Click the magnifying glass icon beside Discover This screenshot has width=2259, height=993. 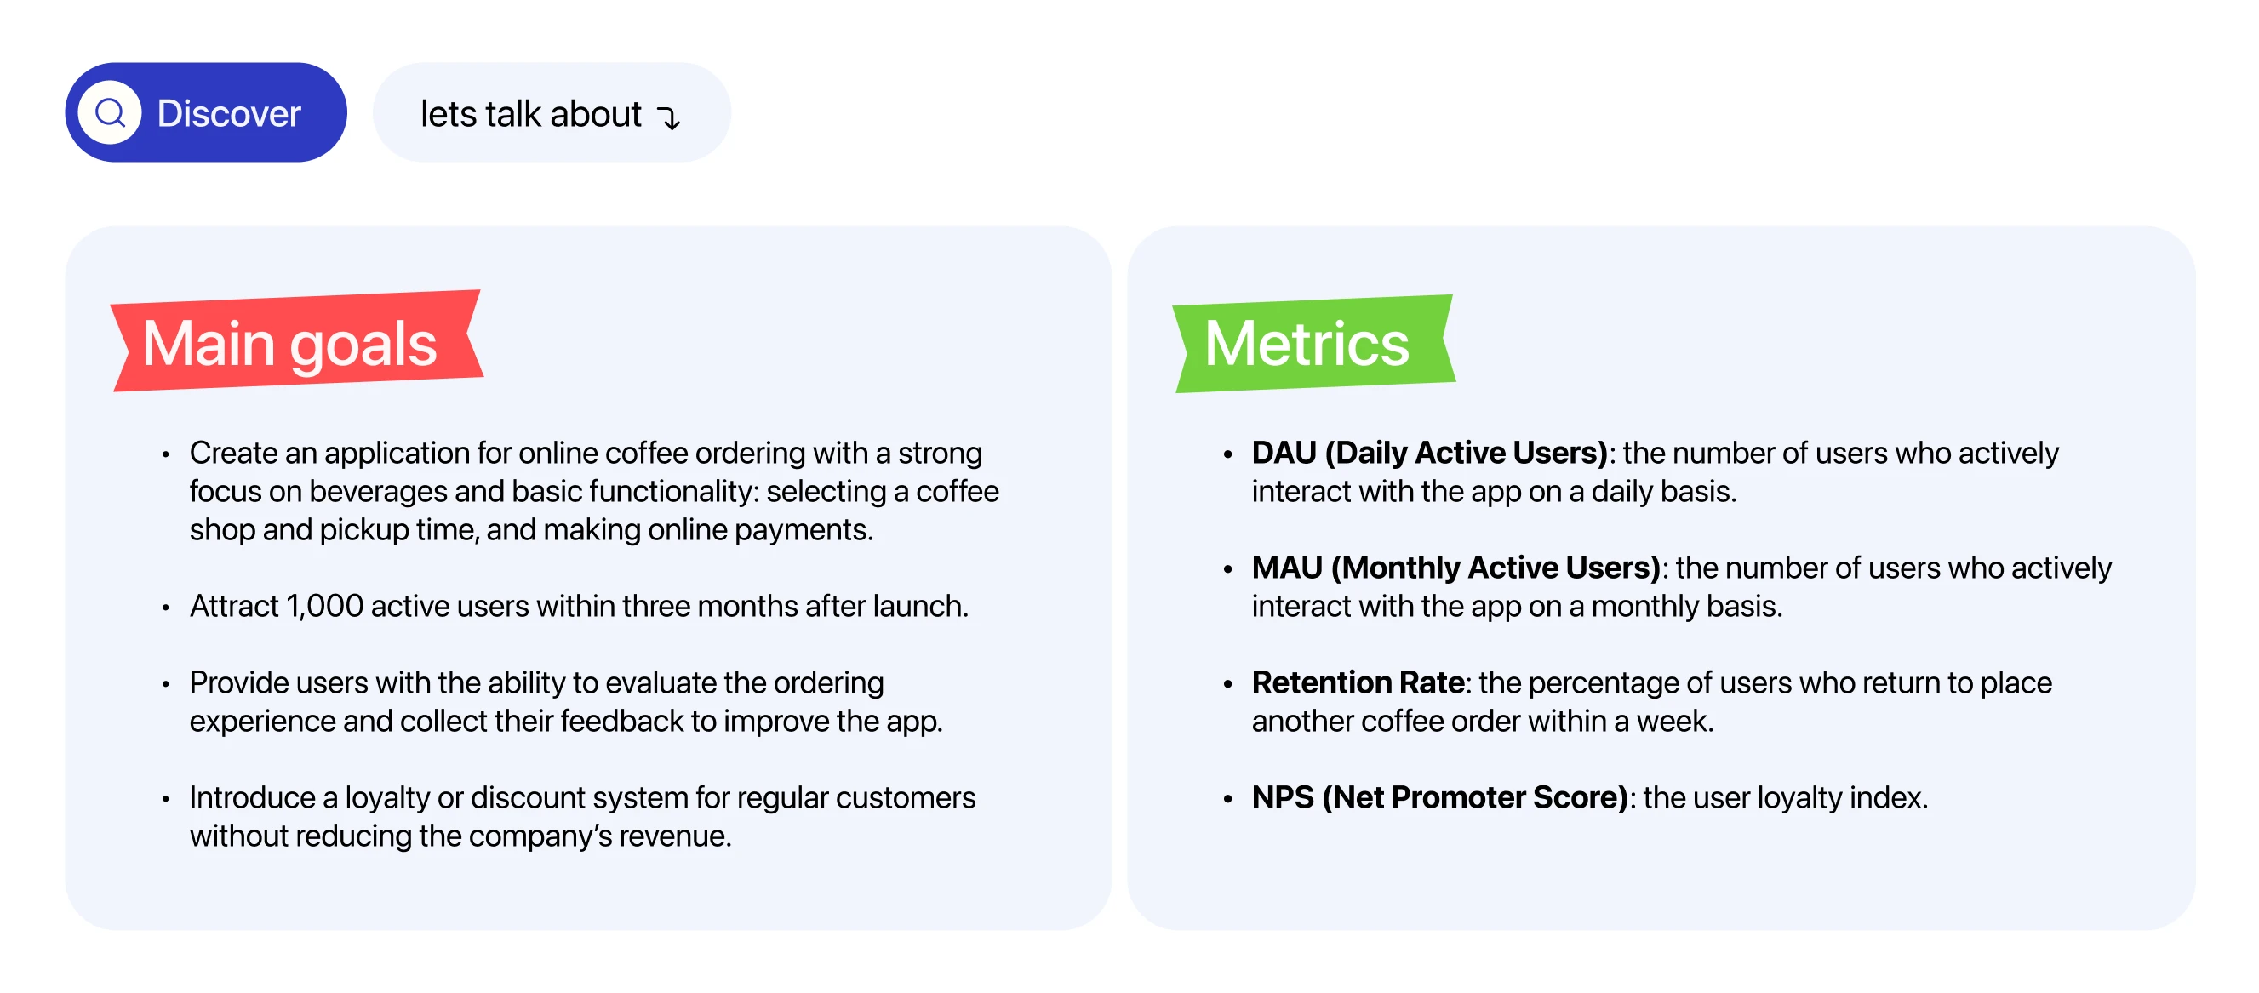(110, 112)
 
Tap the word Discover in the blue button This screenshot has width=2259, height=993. (229, 113)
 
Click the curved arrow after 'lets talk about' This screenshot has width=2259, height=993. (669, 117)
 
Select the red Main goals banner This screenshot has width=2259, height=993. (297, 340)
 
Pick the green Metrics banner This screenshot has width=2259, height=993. (1313, 343)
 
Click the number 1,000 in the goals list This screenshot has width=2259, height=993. (324, 607)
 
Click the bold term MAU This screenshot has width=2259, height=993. (1286, 567)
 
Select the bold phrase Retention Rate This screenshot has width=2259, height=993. (1358, 682)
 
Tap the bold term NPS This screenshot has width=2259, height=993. (1282, 796)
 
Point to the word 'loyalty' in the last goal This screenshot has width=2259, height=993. (386, 798)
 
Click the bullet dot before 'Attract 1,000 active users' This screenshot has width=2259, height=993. (166, 608)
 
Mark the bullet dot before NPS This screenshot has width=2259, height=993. (1227, 798)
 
